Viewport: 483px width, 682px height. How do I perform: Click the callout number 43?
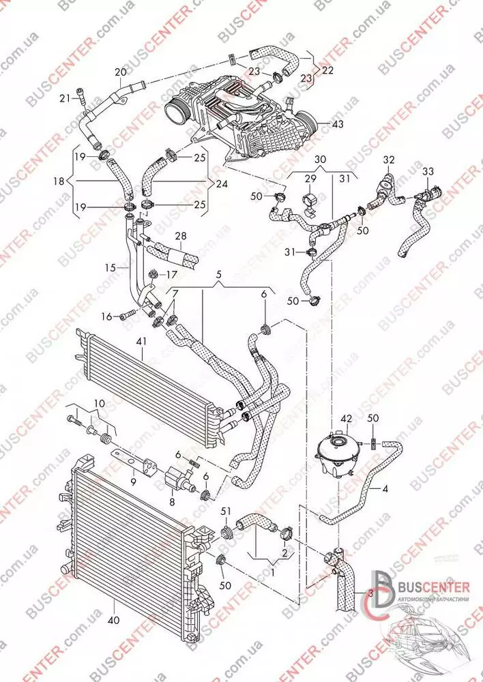tap(338, 125)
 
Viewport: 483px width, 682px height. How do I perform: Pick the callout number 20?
tap(121, 72)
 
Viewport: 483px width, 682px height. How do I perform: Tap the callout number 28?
tap(180, 237)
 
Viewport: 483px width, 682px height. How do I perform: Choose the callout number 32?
tap(389, 161)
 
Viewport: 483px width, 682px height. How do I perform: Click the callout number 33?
tap(428, 170)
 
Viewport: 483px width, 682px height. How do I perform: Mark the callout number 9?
tap(133, 481)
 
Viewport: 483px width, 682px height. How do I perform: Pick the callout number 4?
tap(386, 488)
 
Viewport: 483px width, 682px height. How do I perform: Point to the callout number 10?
tap(99, 403)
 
